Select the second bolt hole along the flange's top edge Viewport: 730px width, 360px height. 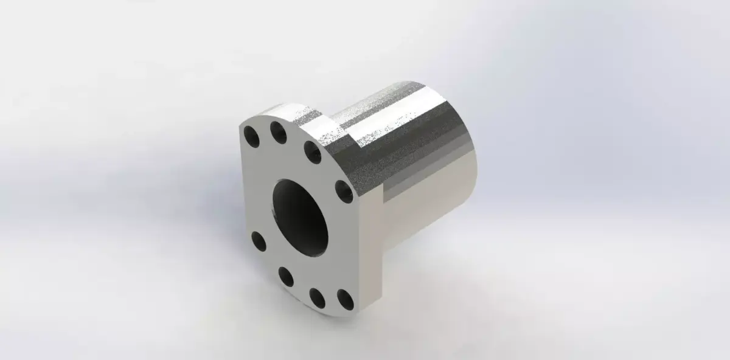pyautogui.click(x=278, y=132)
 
